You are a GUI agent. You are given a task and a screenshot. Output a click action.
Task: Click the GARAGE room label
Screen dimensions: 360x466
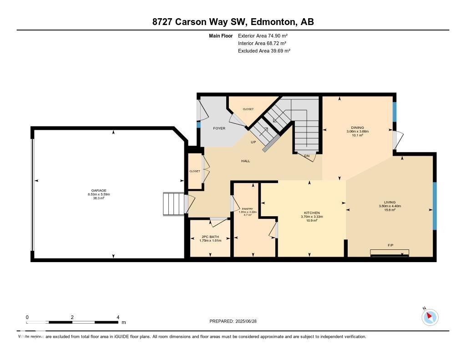pyautogui.click(x=99, y=191)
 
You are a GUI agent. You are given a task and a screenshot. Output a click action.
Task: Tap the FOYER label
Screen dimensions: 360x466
pyautogui.click(x=219, y=128)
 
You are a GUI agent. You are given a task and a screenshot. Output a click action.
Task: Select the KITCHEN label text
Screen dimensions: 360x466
pyautogui.click(x=312, y=213)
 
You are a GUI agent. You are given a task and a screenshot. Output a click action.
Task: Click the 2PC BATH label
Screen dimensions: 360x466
pyautogui.click(x=210, y=237)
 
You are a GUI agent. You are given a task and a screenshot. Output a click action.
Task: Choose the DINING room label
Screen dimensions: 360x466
pyautogui.click(x=357, y=127)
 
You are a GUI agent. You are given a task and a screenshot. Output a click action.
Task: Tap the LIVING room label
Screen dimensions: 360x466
pyautogui.click(x=390, y=202)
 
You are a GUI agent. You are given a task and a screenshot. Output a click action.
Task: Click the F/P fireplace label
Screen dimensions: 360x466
pyautogui.click(x=390, y=245)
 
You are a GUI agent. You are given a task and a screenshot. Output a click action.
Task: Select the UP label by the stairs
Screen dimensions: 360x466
pyautogui.click(x=253, y=142)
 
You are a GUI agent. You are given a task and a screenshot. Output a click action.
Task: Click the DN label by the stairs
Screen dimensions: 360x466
pyautogui.click(x=307, y=156)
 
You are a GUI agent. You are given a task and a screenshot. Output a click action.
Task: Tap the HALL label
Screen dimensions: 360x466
pyautogui.click(x=245, y=161)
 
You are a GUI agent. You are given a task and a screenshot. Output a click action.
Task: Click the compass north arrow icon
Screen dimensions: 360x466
pyautogui.click(x=430, y=317)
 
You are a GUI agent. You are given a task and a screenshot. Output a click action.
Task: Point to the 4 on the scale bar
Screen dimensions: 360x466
pyautogui.click(x=118, y=317)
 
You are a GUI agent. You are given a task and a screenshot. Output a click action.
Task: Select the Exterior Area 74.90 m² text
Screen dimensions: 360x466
pyautogui.click(x=263, y=35)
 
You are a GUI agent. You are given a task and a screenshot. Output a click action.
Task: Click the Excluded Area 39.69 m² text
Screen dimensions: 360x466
pyautogui.click(x=264, y=51)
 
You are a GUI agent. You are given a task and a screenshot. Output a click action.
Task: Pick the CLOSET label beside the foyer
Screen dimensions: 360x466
pyautogui.click(x=248, y=109)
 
